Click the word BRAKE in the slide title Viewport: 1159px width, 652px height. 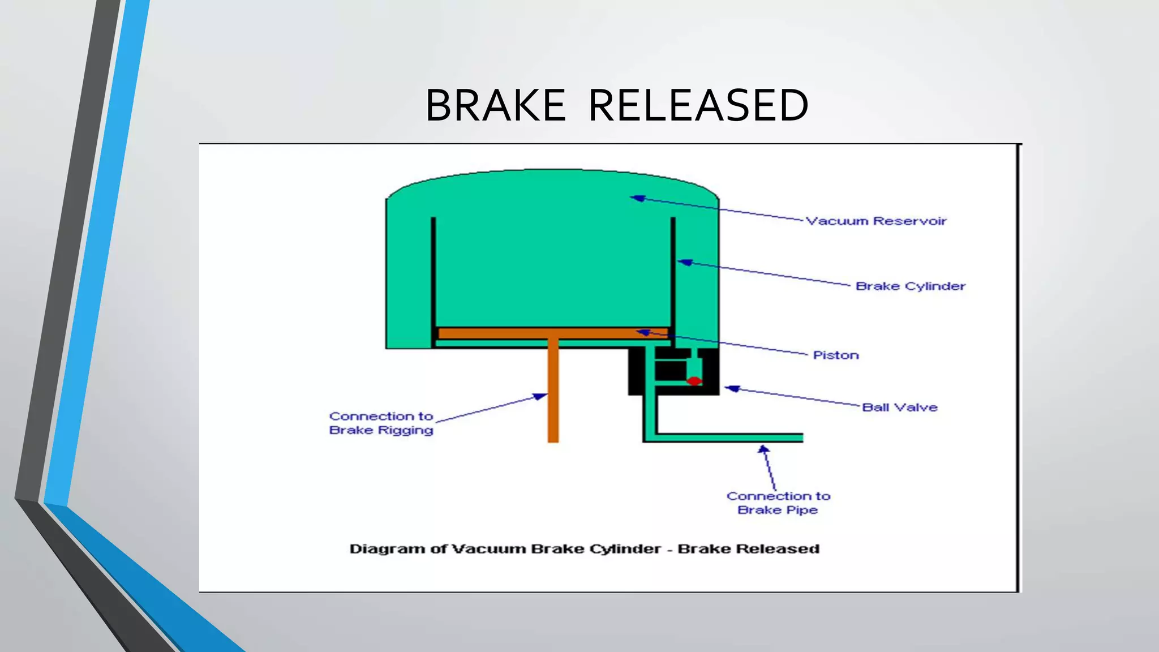pos(495,106)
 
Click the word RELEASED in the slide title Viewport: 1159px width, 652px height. pos(698,106)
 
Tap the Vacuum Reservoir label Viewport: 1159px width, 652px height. pos(875,221)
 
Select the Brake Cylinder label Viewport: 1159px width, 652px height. pos(910,286)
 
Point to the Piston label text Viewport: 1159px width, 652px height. pos(835,355)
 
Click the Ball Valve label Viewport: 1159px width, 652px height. pos(899,407)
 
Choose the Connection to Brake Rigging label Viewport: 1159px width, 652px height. pos(381,423)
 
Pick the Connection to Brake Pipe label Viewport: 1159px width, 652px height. pos(778,503)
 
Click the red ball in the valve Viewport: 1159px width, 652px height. pos(694,381)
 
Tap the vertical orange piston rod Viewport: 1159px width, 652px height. pos(553,396)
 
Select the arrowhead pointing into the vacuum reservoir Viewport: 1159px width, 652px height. pos(638,198)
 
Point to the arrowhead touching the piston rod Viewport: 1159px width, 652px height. pos(540,397)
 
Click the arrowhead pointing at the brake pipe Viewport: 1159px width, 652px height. pos(763,449)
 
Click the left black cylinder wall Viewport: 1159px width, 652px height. pos(433,272)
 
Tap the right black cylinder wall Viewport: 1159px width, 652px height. pos(673,272)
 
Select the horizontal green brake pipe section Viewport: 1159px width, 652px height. pos(730,437)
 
